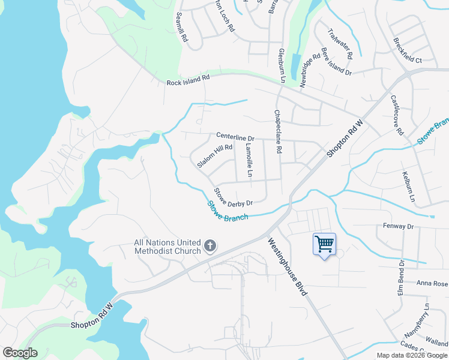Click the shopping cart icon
(x=324, y=244)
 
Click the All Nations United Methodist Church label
(x=167, y=247)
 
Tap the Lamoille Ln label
(x=249, y=159)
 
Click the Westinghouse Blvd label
(x=288, y=267)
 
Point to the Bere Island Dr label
(x=336, y=61)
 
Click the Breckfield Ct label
(x=408, y=52)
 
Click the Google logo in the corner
(x=20, y=353)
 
